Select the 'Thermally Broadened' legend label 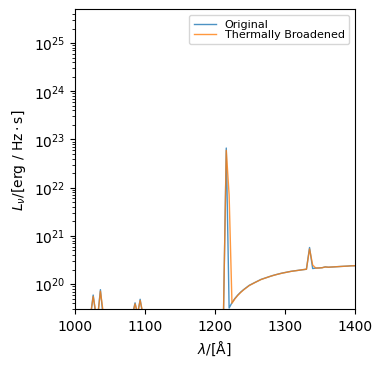pos(285,35)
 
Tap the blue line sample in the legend pos(206,24)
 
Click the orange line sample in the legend pos(206,35)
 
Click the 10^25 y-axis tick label pos(52,45)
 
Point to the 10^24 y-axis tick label pos(52,93)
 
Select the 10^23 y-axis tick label pos(52,141)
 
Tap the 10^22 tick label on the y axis pos(52,189)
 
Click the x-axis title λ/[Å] pos(215,349)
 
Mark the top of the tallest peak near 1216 pos(226,148)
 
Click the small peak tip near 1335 pos(309,247)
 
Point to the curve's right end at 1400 pos(354,265)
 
